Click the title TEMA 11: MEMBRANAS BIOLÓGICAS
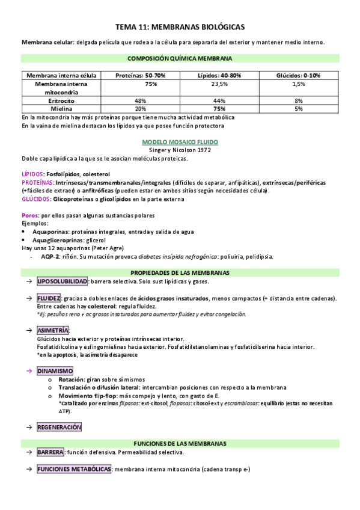point(180,27)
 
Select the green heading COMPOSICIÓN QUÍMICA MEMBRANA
point(180,58)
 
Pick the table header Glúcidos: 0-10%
point(298,75)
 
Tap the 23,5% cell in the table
point(219,85)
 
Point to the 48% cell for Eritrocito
point(141,101)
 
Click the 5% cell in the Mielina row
point(298,109)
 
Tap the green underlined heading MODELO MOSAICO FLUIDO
point(180,143)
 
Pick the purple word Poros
point(30,215)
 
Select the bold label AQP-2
point(51,256)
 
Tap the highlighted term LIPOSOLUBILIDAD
point(62,281)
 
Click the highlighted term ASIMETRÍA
point(53,331)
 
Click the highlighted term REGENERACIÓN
point(59,426)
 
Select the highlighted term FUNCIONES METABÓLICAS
point(73,469)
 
